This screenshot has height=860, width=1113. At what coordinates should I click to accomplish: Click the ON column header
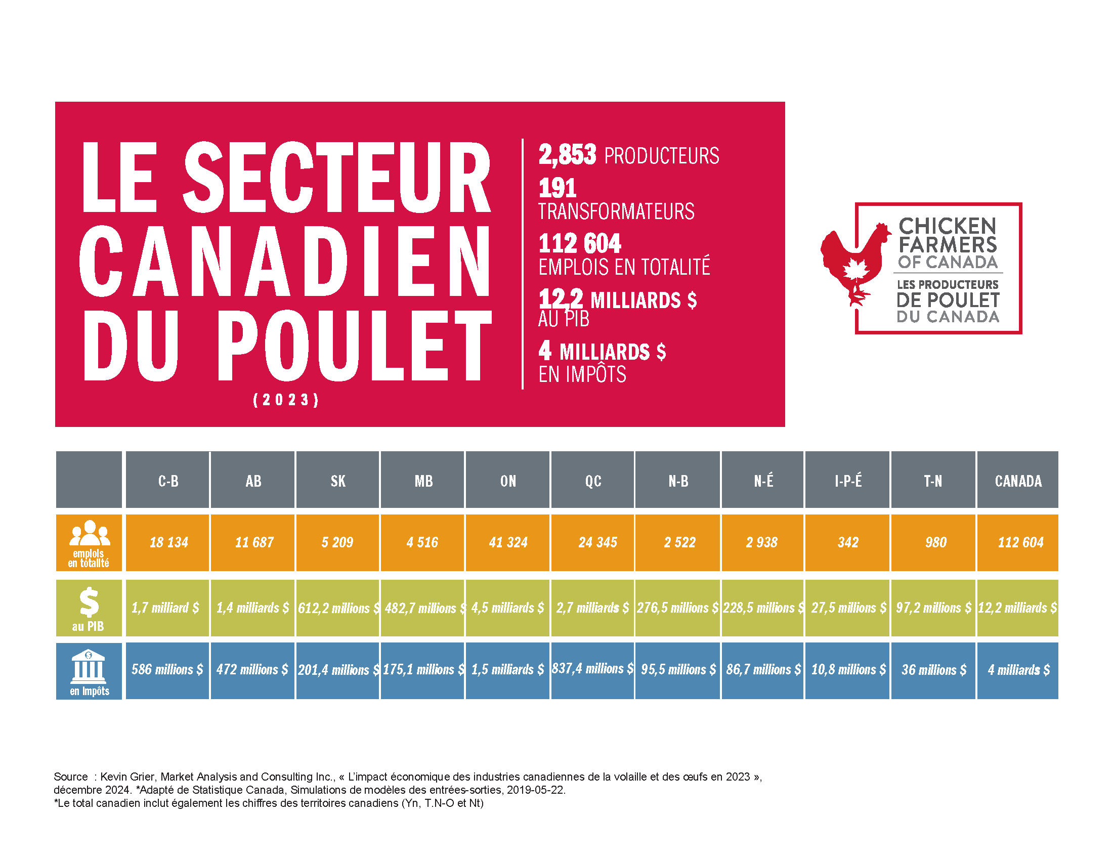point(507,480)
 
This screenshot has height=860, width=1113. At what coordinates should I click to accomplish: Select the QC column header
point(593,480)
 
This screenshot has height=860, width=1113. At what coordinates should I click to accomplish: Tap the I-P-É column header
point(847,480)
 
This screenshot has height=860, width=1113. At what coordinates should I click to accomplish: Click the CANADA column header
point(1018,480)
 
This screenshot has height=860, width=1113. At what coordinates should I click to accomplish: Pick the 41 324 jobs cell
point(507,542)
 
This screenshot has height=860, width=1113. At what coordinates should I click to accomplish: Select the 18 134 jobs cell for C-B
point(168,542)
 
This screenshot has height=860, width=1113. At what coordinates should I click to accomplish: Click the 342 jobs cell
point(847,542)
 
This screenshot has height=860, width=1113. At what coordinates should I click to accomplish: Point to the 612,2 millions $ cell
point(338,608)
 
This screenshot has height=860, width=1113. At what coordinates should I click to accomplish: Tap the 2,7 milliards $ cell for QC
point(593,608)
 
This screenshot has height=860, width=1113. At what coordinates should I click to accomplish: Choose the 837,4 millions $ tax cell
point(593,668)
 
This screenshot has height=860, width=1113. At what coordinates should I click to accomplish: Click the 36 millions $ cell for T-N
point(933,669)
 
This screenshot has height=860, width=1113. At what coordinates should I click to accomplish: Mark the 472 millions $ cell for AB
point(252,669)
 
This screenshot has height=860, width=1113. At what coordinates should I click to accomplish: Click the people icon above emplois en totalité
point(90,533)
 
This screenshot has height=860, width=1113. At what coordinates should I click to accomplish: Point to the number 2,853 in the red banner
point(567,154)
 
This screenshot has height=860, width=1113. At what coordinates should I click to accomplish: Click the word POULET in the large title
point(355,346)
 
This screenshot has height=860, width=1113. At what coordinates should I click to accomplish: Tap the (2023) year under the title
point(286,400)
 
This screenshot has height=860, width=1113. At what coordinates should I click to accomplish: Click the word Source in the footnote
point(70,777)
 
